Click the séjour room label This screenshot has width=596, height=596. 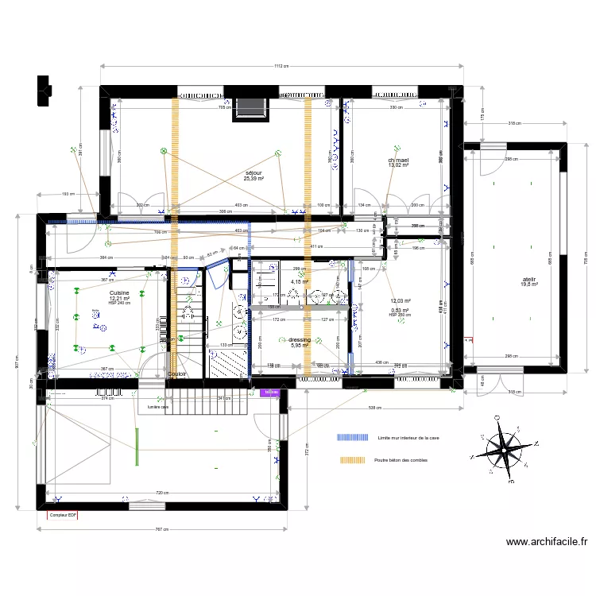(x=254, y=173)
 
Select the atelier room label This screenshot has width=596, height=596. (x=528, y=280)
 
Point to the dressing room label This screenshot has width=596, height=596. (x=300, y=339)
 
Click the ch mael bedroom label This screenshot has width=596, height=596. (x=398, y=160)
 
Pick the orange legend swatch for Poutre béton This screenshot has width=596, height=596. (x=354, y=460)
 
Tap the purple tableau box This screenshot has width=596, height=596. (x=271, y=391)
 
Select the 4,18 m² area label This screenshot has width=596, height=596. (x=300, y=281)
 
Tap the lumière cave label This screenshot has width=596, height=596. (x=158, y=407)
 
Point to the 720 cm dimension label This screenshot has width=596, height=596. (x=161, y=493)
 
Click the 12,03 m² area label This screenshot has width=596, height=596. (x=399, y=301)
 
